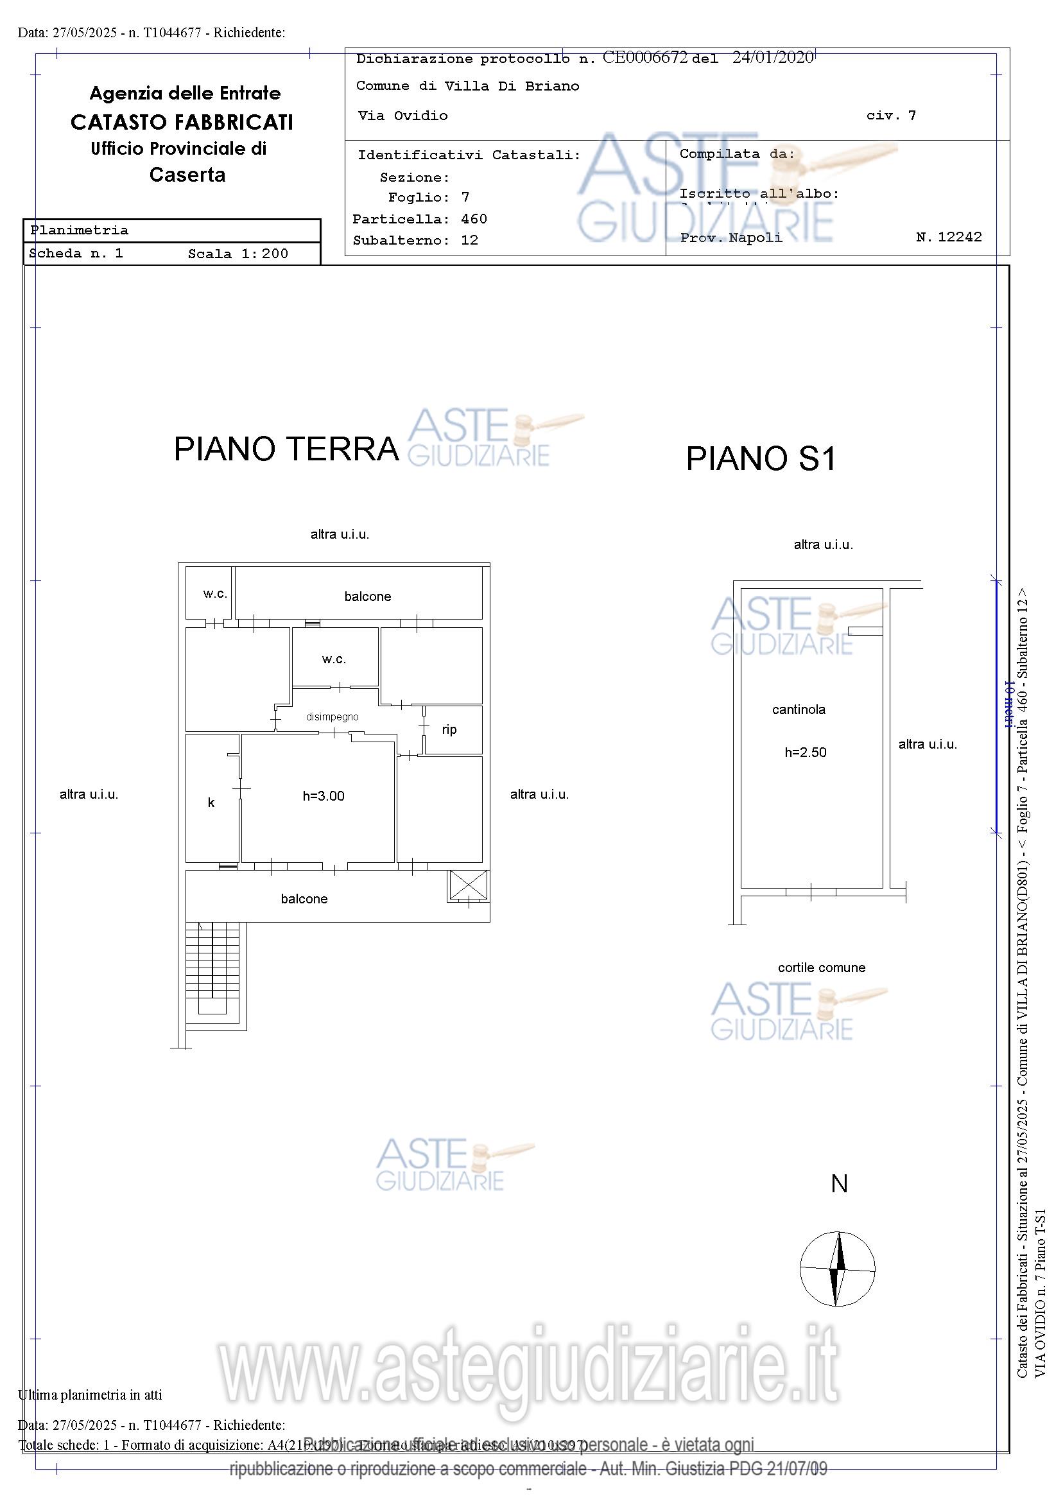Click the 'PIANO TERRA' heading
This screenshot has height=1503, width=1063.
pyautogui.click(x=286, y=449)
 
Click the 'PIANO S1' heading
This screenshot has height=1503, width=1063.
pyautogui.click(x=761, y=458)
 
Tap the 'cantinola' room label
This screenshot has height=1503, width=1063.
pyautogui.click(x=799, y=709)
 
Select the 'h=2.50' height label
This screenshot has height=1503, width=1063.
pyautogui.click(x=805, y=753)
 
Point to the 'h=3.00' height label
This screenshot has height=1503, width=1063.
pyautogui.click(x=324, y=796)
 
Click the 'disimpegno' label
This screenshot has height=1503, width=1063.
pyautogui.click(x=333, y=717)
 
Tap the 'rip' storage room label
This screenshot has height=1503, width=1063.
pyautogui.click(x=449, y=730)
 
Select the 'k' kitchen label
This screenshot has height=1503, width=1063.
pyautogui.click(x=211, y=803)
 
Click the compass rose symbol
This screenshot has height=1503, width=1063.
pyautogui.click(x=837, y=1269)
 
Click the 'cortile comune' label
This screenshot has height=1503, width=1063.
pyautogui.click(x=822, y=968)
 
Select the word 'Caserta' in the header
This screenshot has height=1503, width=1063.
pyautogui.click(x=187, y=175)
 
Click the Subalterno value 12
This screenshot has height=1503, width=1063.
pyautogui.click(x=469, y=240)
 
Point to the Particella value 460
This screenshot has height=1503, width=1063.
pyautogui.click(x=474, y=220)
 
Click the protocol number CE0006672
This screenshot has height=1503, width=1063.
pyautogui.click(x=644, y=58)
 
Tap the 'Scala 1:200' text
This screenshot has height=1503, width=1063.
pyautogui.click(x=238, y=254)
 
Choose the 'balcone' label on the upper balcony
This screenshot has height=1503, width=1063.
pyautogui.click(x=367, y=596)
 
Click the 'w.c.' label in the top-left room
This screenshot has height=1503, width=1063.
pyautogui.click(x=214, y=594)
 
